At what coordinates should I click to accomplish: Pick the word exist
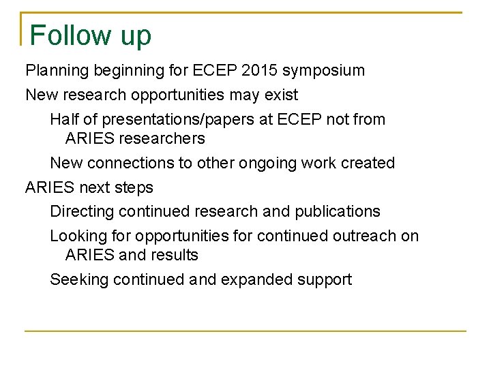[x=281, y=95]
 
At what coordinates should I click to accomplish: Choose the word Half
[x=64, y=119]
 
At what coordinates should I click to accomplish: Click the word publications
[x=338, y=212]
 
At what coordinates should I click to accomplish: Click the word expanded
[x=263, y=279]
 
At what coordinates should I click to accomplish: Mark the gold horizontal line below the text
[x=245, y=331]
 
